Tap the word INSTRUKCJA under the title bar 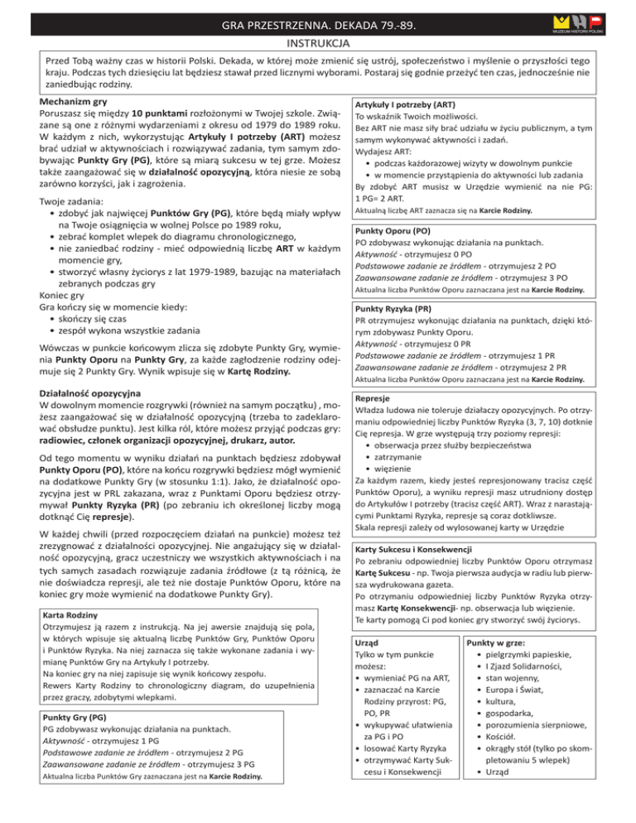(x=319, y=41)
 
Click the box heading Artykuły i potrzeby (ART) (x=402, y=107)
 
